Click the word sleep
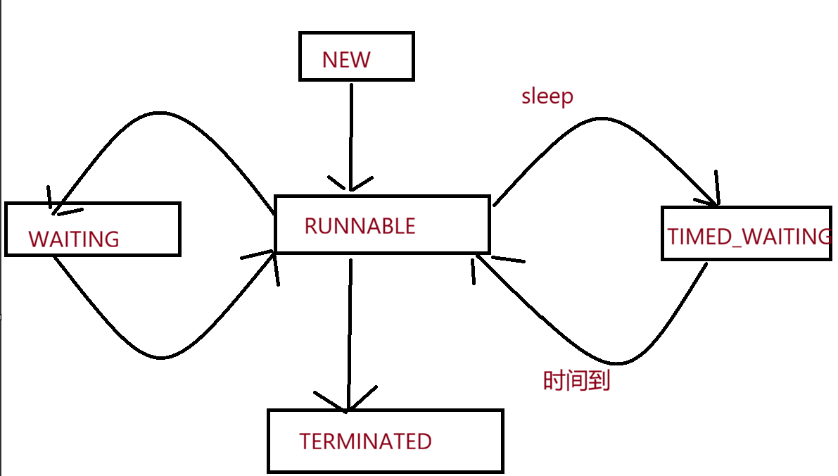tap(547, 96)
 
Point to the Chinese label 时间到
tap(577, 381)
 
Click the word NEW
tap(345, 60)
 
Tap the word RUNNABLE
tap(360, 226)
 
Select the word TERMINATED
tap(366, 441)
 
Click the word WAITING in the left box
tap(74, 239)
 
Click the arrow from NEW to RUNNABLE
tap(351, 137)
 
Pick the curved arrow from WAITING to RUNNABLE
tap(160, 357)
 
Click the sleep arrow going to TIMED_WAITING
tap(602, 118)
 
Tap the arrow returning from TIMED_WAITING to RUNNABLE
tap(615, 363)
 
